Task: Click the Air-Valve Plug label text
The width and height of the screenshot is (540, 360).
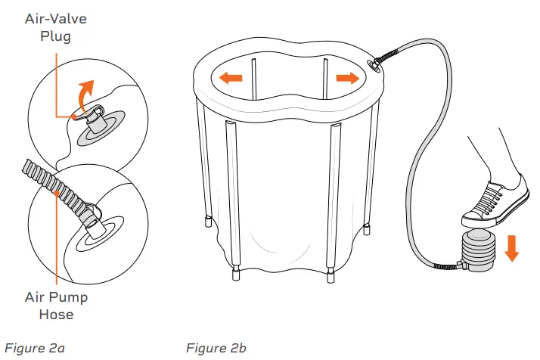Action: coord(55,27)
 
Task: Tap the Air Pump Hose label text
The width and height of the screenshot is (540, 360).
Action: coord(56,306)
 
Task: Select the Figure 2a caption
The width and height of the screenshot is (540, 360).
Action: coord(35,348)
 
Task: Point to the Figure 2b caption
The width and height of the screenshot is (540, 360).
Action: coord(216,348)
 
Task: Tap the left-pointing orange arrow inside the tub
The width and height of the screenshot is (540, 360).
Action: coord(231,77)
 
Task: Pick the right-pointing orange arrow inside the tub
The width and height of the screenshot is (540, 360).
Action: coord(348,78)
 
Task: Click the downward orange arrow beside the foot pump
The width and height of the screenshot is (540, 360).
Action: coord(512,248)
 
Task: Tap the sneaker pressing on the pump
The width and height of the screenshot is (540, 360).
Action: coord(496,203)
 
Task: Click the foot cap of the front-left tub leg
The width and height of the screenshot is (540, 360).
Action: coord(236,275)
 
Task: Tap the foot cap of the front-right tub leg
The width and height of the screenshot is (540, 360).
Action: coord(331,276)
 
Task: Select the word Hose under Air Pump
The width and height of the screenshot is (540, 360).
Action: coord(56,315)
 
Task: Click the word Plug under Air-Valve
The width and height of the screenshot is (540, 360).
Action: coord(55,36)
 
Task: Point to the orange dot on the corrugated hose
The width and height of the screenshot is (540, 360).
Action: coord(57,194)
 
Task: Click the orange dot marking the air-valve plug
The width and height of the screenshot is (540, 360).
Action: coord(73,117)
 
